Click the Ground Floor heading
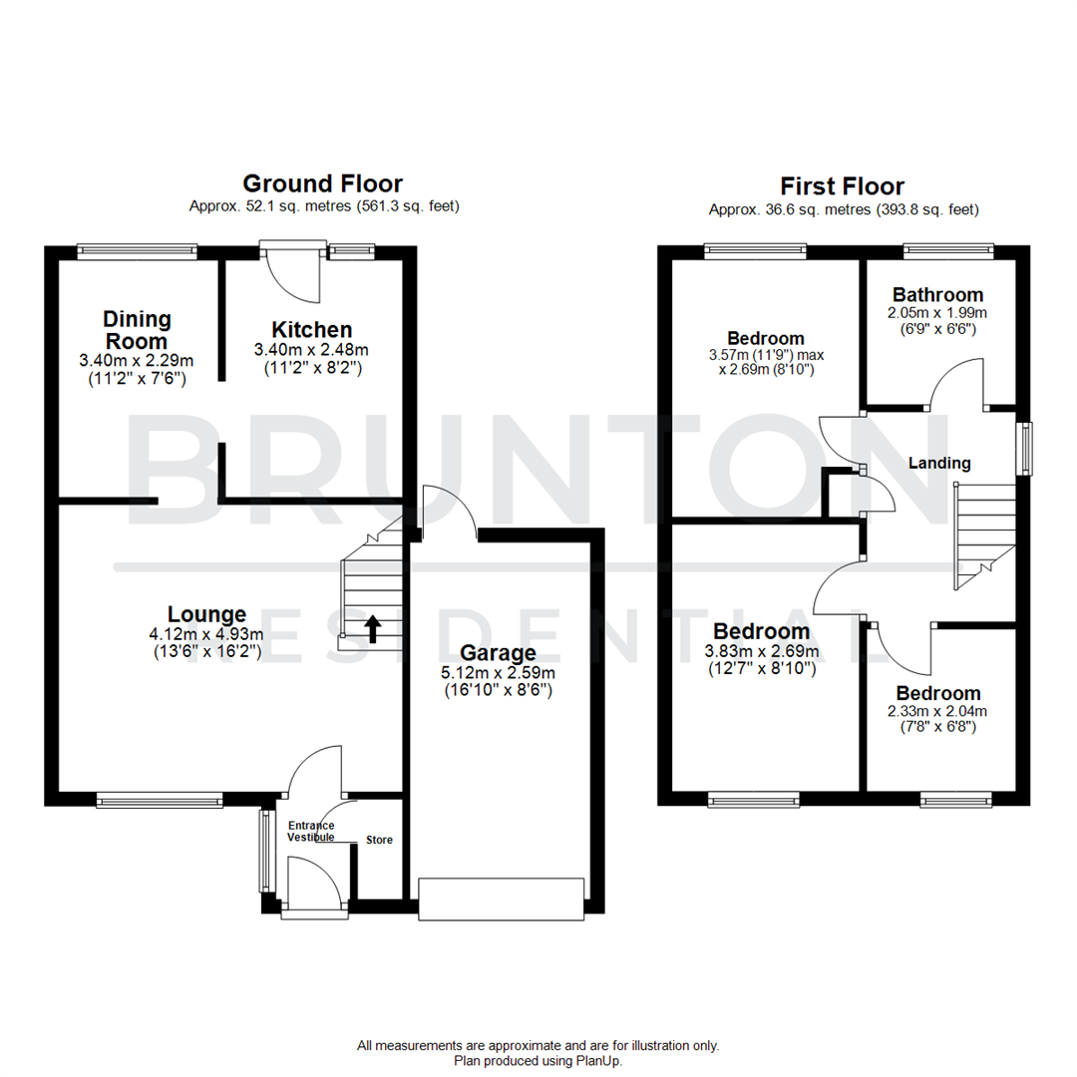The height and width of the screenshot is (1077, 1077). (x=322, y=183)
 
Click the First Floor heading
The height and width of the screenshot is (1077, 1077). (x=843, y=186)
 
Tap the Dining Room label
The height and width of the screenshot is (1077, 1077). (x=137, y=329)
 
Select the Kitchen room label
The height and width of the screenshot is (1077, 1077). (x=312, y=330)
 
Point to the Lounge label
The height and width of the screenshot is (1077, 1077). (x=206, y=614)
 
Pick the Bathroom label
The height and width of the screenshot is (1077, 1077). (x=937, y=295)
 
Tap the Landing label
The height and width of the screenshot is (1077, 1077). (x=939, y=463)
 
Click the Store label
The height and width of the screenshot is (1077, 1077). (x=379, y=840)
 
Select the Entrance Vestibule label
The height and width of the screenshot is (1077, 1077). (x=311, y=832)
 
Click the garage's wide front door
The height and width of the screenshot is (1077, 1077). (x=501, y=897)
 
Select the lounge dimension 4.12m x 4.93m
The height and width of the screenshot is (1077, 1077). (x=206, y=634)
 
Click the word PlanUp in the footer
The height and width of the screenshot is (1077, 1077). (x=599, y=1061)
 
